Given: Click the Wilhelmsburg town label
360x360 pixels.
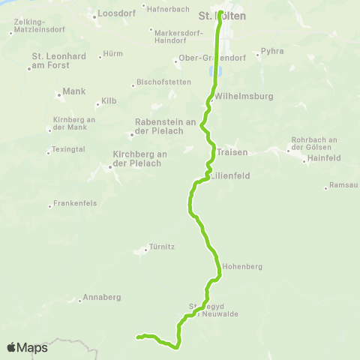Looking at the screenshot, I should tap(244, 96).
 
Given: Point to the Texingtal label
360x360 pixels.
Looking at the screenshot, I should tap(69, 151).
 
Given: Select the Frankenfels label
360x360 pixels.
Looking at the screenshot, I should tap(78, 204).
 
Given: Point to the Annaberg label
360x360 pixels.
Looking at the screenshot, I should tap(102, 298).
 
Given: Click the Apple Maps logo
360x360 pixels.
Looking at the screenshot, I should tap(27, 347).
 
